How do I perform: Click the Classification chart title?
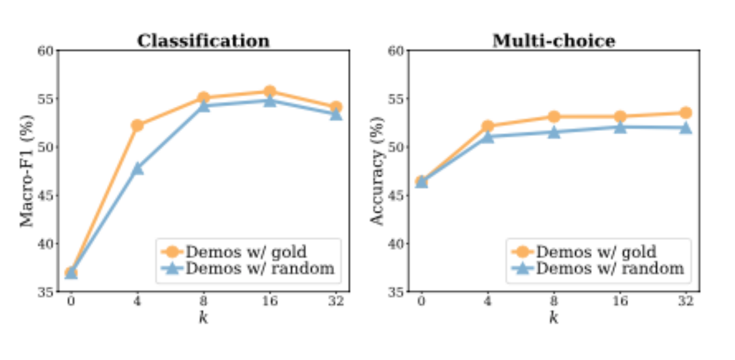[x=203, y=41]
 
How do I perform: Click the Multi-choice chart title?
[x=553, y=41]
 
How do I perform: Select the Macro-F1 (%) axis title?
[x=27, y=171]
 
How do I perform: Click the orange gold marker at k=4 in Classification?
[x=137, y=125]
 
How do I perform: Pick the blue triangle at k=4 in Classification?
[x=137, y=168]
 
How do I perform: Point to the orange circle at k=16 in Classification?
[x=270, y=91]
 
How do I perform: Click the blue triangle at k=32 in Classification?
[x=336, y=114]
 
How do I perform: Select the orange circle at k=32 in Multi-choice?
[x=686, y=113]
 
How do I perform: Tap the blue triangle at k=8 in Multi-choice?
[x=554, y=132]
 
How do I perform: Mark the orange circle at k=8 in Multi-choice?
[x=554, y=117]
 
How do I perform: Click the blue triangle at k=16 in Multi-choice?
[x=620, y=127]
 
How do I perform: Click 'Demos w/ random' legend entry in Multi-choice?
[x=610, y=268]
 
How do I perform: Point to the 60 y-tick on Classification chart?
[x=47, y=51]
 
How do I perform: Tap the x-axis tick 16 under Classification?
[x=270, y=301]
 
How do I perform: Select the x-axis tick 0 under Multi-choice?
[x=421, y=301]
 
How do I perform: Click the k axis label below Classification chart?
[x=203, y=318]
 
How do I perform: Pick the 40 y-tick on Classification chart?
[x=47, y=243]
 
